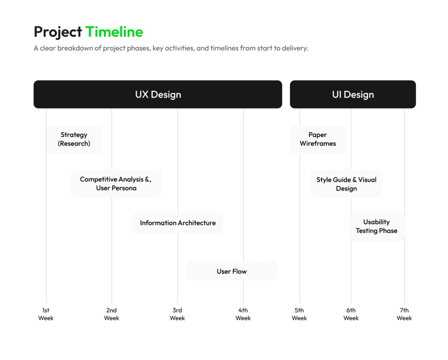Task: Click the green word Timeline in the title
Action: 114,32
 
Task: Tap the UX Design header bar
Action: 157,94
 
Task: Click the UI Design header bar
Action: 353,94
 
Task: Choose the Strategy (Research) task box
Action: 74,140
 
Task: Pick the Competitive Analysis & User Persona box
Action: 116,184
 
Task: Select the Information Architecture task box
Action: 178,223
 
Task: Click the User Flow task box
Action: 231,272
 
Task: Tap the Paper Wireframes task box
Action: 318,140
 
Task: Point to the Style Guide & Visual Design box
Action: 346,184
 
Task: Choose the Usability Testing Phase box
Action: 377,227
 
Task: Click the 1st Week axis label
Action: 45,314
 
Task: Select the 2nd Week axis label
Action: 112,314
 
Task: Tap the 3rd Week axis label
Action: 177,314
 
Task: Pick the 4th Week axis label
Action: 243,314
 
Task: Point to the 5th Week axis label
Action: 299,314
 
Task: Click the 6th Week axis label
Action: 351,314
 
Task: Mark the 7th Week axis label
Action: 404,314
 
